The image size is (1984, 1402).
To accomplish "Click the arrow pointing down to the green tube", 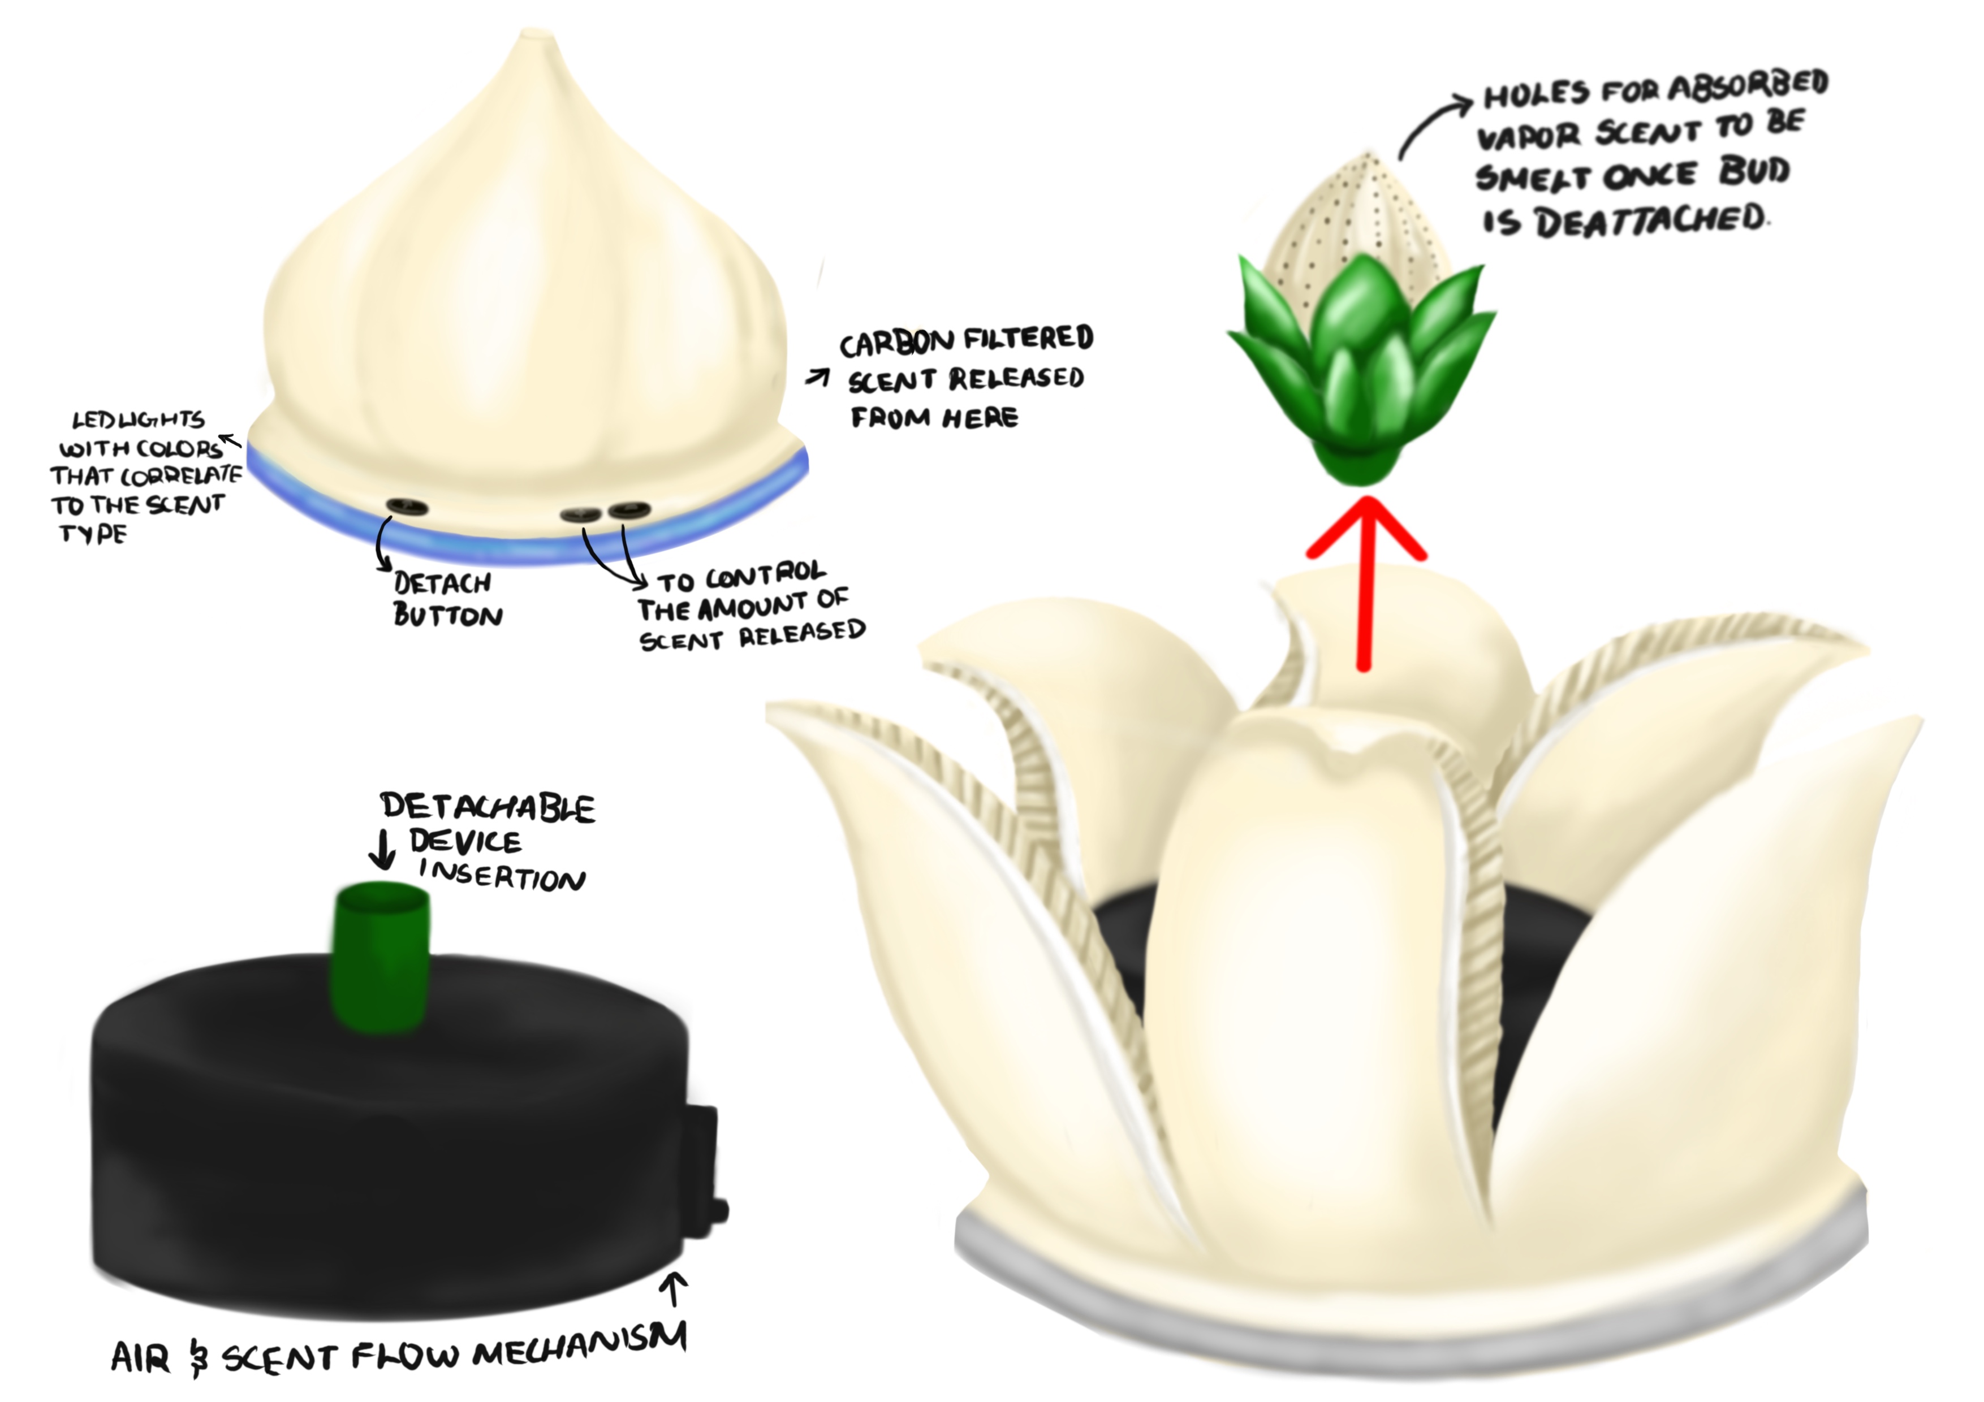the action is pyautogui.click(x=382, y=849).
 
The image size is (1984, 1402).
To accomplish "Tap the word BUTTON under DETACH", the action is pyautogui.click(x=447, y=615).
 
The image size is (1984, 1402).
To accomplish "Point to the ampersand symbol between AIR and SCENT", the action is pyautogui.click(x=199, y=1357).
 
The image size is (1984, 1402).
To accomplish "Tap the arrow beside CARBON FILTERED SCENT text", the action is pyautogui.click(x=817, y=378).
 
